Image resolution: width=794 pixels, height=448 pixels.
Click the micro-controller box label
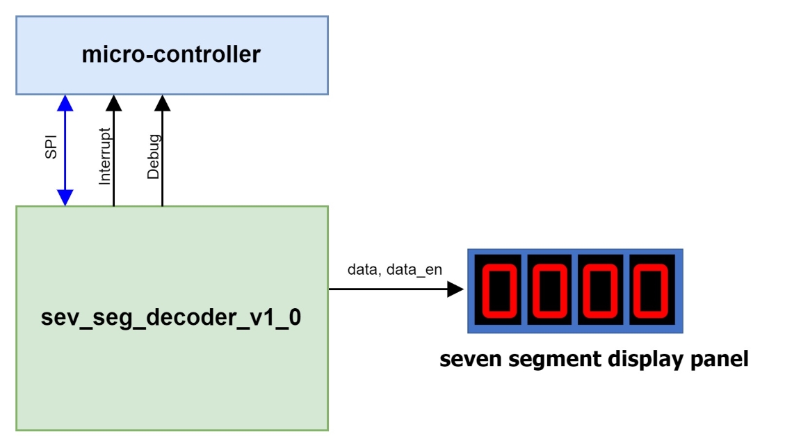(171, 54)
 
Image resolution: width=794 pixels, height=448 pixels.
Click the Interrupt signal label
(105, 157)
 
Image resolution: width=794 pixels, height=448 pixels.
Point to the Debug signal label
(154, 157)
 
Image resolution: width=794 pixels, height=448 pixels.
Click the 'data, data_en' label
(394, 270)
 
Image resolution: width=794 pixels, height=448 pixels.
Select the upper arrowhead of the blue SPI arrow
(65, 103)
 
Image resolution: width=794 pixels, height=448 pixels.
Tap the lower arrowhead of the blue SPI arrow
(65, 198)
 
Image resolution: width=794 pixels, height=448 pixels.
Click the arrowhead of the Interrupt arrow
(113, 103)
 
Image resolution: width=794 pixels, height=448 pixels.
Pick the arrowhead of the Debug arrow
(162, 103)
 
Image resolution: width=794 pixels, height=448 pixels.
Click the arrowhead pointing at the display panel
(455, 289)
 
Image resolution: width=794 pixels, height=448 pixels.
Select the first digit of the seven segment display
(498, 289)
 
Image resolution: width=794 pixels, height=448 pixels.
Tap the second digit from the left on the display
(549, 289)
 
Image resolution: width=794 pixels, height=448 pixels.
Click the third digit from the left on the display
(601, 289)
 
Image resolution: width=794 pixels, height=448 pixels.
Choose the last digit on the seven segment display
(652, 289)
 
